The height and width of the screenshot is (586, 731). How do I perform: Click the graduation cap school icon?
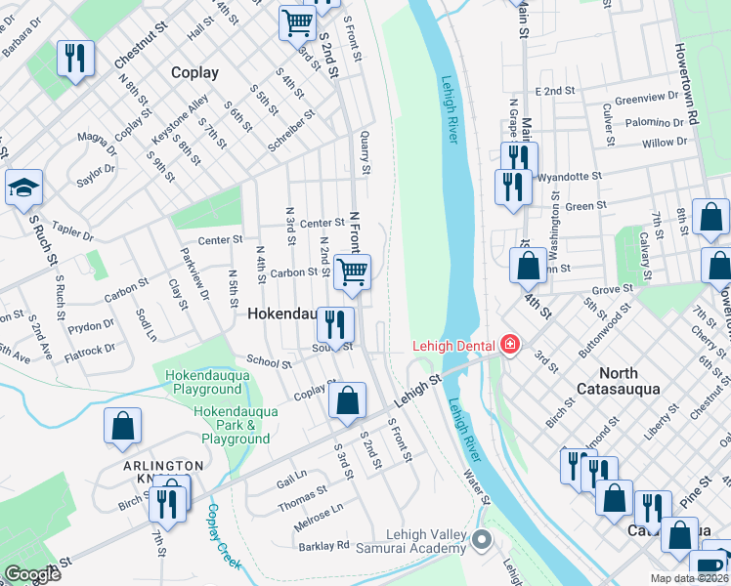point(23,188)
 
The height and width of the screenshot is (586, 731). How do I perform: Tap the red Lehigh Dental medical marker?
point(508,343)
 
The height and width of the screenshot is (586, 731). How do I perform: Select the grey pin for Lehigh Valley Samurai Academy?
point(481,539)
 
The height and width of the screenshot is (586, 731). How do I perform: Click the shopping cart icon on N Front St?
point(352,272)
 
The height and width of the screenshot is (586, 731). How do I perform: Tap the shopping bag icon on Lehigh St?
point(347,400)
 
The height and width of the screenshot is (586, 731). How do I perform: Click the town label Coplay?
point(194,72)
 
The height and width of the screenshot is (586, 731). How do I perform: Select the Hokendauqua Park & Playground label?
point(231,426)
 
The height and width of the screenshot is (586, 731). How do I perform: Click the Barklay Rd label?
point(323,545)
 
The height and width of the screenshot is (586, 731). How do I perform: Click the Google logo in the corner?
point(32,574)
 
